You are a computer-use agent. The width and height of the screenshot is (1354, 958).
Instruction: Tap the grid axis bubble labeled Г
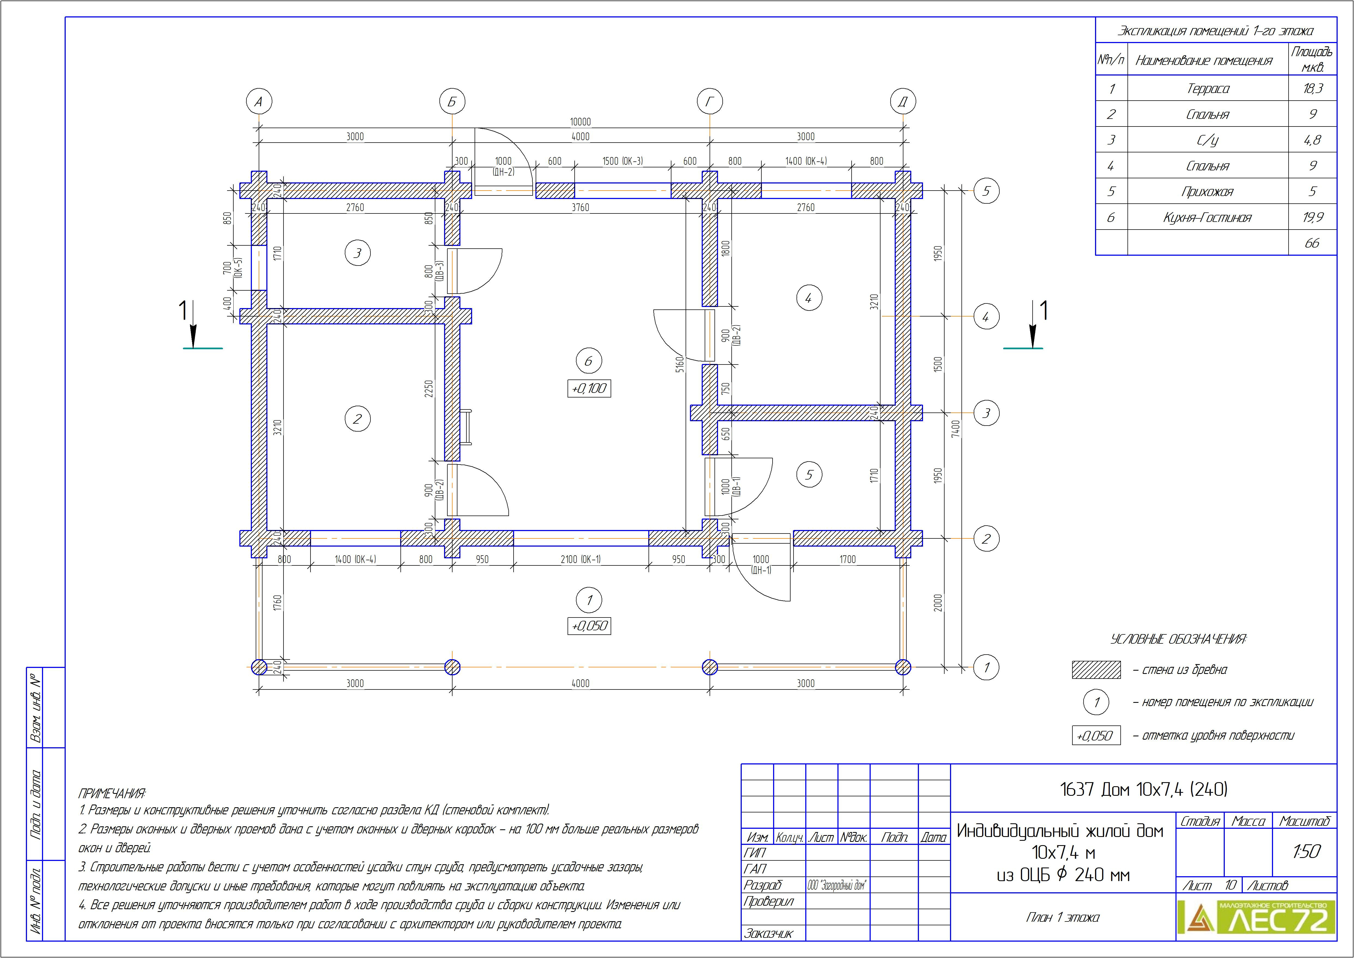click(709, 101)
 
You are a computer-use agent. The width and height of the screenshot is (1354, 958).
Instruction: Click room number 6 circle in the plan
click(589, 361)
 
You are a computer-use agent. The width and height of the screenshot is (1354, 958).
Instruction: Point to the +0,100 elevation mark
click(589, 388)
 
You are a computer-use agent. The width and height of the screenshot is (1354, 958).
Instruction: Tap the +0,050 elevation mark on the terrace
click(589, 626)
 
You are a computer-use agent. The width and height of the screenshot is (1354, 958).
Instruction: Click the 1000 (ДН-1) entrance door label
click(761, 564)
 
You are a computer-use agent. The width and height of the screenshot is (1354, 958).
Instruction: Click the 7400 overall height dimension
click(956, 428)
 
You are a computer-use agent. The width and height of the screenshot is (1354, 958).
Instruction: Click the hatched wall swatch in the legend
click(1096, 670)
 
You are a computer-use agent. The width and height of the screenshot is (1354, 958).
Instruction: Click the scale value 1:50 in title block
click(1306, 851)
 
